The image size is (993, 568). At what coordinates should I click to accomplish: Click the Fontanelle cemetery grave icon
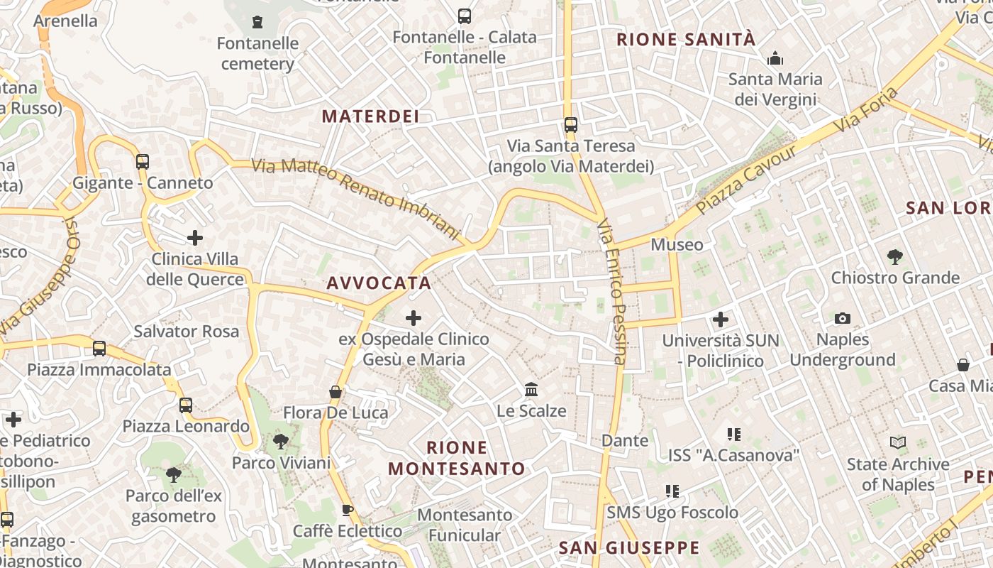[x=257, y=22]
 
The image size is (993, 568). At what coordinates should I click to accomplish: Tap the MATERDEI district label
[x=371, y=116]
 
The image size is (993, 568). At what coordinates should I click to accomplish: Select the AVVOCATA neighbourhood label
[x=379, y=283]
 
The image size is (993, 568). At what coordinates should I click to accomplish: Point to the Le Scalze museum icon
[x=531, y=389]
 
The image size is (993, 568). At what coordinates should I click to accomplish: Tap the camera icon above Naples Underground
[x=843, y=318]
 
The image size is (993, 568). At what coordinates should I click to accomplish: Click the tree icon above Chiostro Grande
[x=895, y=256]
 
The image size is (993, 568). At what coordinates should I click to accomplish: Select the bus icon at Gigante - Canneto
[x=143, y=161]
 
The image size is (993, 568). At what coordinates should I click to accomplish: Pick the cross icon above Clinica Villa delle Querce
[x=195, y=237]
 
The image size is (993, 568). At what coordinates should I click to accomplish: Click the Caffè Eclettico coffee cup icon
[x=348, y=510]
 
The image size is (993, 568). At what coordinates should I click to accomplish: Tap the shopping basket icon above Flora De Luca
[x=335, y=392]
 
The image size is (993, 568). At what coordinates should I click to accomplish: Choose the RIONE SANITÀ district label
[x=686, y=40]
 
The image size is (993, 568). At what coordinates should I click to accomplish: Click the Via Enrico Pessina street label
[x=612, y=291]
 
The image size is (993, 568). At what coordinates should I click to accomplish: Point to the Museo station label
[x=677, y=245]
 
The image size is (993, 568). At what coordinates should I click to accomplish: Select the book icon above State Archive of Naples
[x=898, y=443]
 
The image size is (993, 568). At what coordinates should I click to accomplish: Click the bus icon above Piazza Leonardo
[x=186, y=405]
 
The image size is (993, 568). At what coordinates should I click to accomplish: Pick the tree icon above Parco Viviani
[x=281, y=442]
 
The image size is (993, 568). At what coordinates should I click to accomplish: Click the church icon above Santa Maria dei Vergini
[x=775, y=58]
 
